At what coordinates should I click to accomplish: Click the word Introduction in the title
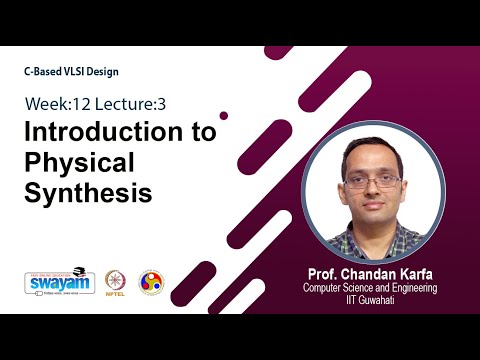pyautogui.click(x=93, y=133)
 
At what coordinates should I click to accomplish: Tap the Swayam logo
pyautogui.click(x=59, y=281)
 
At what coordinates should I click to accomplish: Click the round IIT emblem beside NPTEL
pyautogui.click(x=151, y=281)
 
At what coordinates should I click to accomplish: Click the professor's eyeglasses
pyautogui.click(x=371, y=182)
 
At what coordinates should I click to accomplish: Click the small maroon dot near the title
pyautogui.click(x=224, y=115)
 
